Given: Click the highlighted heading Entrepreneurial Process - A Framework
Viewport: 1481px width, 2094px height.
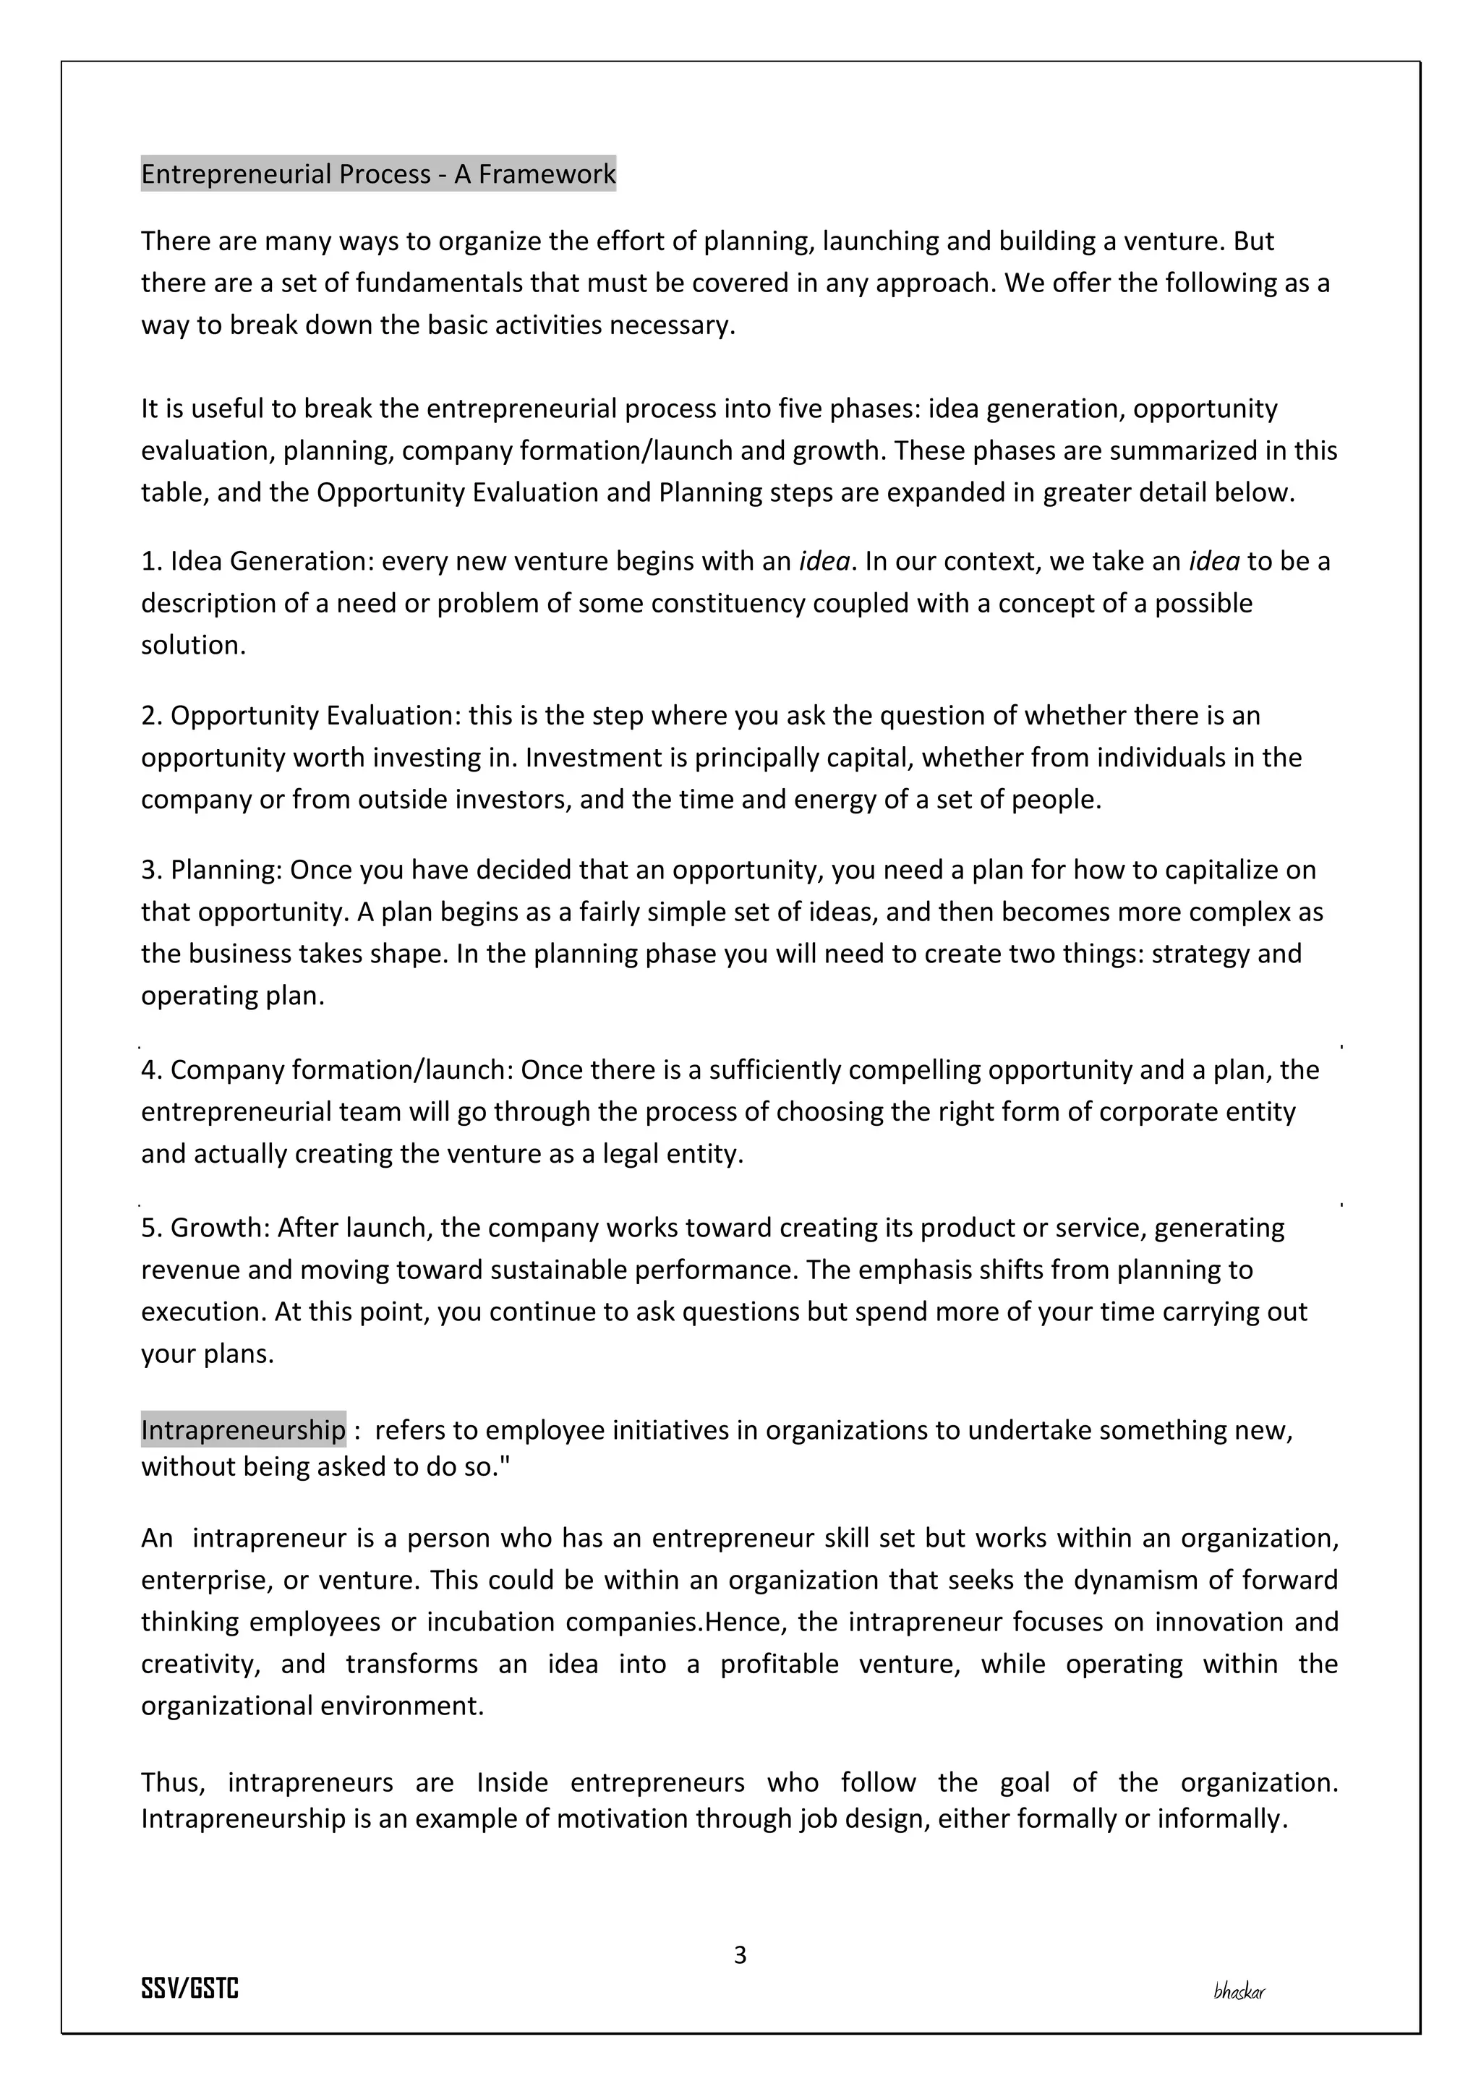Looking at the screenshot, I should [x=378, y=174].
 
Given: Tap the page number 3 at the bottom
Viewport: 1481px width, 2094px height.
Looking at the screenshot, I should [x=740, y=1954].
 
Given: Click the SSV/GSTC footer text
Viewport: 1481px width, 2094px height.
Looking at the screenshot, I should [x=189, y=1989].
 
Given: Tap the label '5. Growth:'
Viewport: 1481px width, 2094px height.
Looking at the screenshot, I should [x=206, y=1228].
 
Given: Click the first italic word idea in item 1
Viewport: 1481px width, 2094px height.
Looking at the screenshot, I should [x=824, y=561].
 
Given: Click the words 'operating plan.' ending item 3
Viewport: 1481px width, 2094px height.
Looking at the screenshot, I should [x=233, y=995].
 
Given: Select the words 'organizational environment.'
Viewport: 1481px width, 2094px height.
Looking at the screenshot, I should [x=312, y=1706].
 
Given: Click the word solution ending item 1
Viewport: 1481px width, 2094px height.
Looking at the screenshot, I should [x=192, y=645].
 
